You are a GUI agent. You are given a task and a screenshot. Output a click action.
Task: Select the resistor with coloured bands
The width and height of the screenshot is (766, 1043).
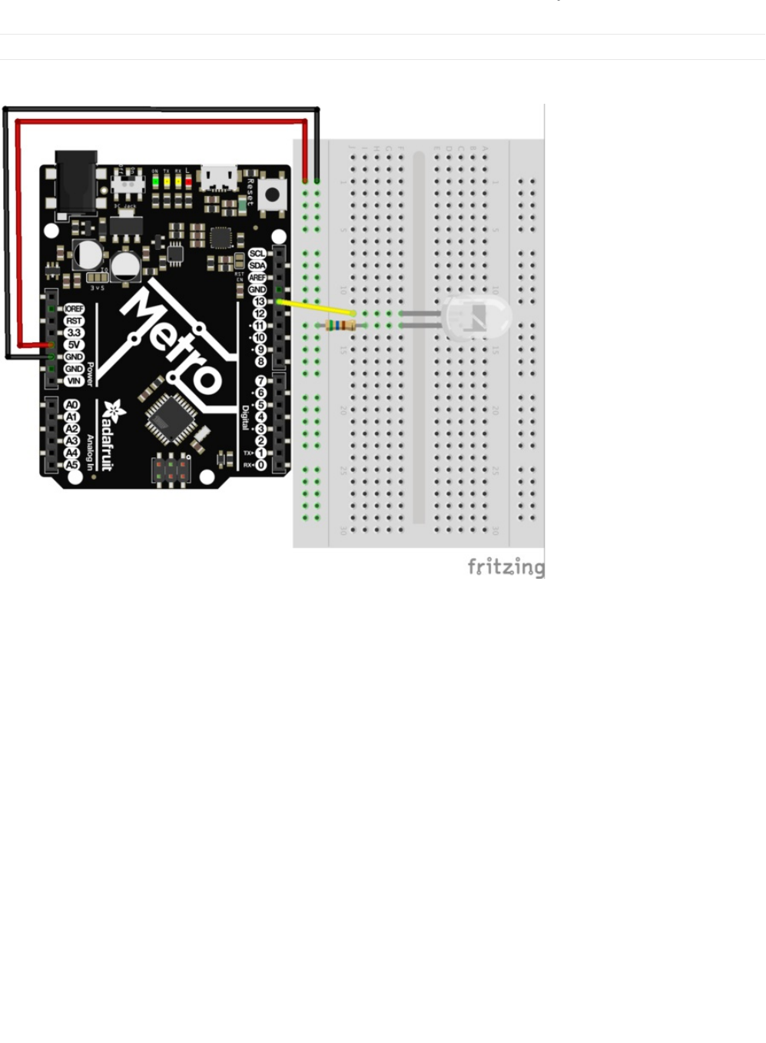(x=340, y=326)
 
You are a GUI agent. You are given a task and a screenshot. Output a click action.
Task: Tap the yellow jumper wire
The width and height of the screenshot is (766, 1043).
(x=315, y=307)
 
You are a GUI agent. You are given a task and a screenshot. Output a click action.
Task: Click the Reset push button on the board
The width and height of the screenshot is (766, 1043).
(x=270, y=194)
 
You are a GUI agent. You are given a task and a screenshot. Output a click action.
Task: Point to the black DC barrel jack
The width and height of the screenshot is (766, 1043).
(x=76, y=181)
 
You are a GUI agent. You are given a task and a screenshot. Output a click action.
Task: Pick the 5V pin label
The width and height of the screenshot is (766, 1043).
(x=74, y=345)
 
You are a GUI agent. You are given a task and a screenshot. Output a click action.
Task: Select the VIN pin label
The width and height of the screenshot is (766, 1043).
(x=74, y=381)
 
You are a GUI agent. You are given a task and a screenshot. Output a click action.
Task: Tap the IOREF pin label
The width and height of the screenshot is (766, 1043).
(x=74, y=309)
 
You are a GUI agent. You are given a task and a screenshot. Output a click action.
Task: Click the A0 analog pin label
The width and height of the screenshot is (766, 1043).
(x=71, y=405)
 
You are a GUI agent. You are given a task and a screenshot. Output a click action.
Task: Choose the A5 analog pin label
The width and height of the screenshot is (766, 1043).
(x=71, y=465)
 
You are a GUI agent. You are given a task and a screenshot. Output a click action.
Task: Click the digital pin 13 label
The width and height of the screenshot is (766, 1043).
(x=259, y=302)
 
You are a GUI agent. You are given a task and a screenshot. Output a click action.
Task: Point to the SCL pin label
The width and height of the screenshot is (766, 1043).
(x=257, y=254)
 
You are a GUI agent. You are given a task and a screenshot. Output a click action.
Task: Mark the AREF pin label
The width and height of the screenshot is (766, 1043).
(x=257, y=277)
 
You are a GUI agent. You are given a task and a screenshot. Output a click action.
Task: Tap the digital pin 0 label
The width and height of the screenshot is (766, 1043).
(x=260, y=465)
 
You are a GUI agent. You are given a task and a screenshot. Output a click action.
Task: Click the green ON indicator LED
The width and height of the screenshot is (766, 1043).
(x=155, y=182)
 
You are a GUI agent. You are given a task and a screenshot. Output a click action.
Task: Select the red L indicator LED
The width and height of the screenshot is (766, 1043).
(x=188, y=182)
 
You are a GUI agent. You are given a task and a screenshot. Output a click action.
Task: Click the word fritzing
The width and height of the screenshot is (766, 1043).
(x=506, y=567)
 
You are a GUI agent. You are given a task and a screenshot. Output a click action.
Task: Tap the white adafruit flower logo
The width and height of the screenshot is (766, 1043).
(x=114, y=411)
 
